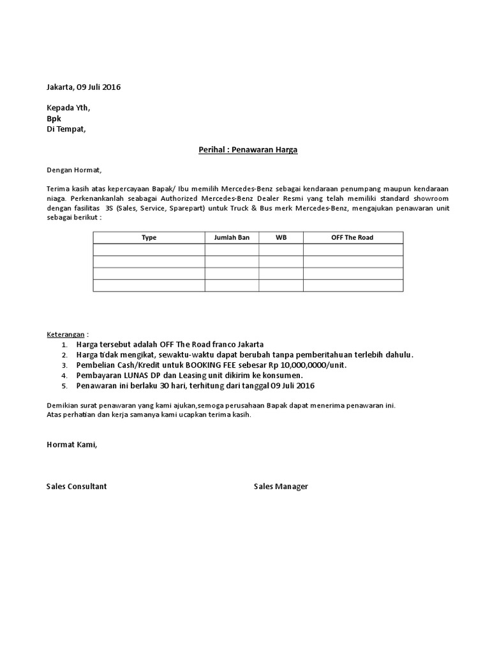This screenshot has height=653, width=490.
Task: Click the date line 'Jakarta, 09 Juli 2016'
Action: (x=84, y=87)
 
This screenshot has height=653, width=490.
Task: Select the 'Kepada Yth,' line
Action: (x=69, y=108)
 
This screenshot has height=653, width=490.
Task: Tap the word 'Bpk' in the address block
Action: (x=54, y=119)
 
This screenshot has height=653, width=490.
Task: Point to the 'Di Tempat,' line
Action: (x=66, y=129)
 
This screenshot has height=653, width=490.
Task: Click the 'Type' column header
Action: (x=149, y=237)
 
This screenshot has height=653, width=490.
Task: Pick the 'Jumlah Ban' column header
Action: (x=232, y=237)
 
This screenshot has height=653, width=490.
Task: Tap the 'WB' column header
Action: (x=281, y=237)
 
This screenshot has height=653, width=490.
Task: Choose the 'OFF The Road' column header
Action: (x=352, y=237)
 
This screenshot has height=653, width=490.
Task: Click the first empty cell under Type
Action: (x=149, y=249)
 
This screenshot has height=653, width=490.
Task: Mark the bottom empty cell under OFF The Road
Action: (x=352, y=285)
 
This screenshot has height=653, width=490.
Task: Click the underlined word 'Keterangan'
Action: (x=66, y=334)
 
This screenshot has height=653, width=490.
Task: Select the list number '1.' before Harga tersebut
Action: (x=64, y=344)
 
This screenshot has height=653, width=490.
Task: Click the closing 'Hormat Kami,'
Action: (x=72, y=444)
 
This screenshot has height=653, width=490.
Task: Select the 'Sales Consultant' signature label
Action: (x=77, y=487)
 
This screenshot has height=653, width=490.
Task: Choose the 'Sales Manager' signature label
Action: (x=281, y=487)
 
